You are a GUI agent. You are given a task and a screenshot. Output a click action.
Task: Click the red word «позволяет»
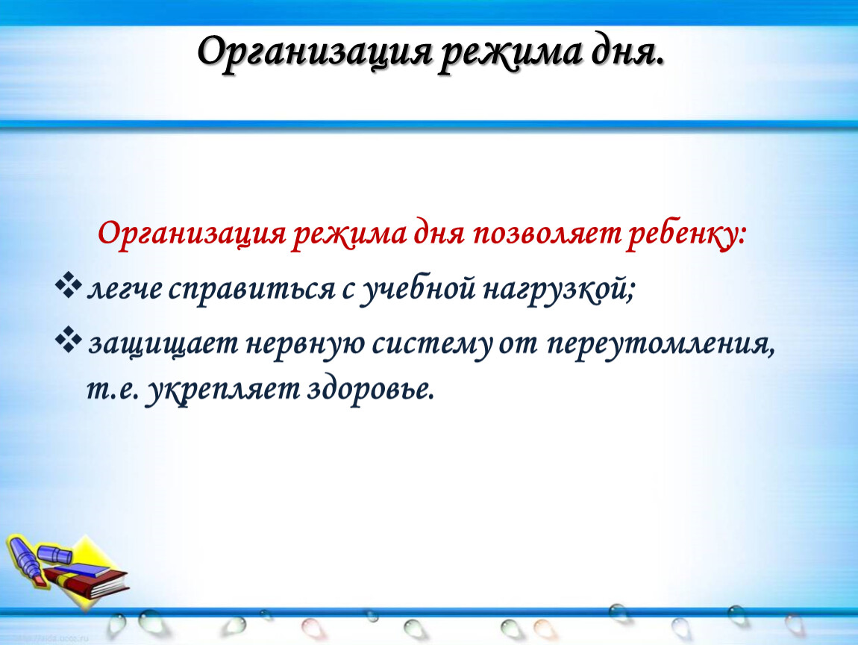tap(547, 234)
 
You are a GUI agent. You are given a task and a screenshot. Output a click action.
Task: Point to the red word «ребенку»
tap(686, 235)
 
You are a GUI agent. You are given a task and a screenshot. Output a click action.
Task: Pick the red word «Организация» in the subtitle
tap(192, 235)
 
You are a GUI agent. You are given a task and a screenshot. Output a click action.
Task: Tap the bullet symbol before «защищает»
tap(69, 340)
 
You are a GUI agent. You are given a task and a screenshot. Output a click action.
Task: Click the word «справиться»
tap(251, 290)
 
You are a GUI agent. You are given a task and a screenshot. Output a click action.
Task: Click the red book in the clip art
tap(87, 582)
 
